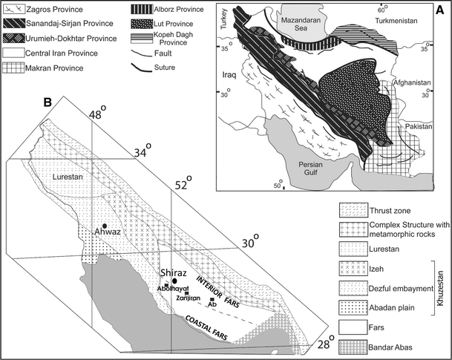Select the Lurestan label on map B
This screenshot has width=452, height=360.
pyautogui.click(x=69, y=179)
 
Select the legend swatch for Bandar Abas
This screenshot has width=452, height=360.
pyautogui.click(x=353, y=345)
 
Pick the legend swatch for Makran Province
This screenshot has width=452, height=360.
pyautogui.click(x=13, y=71)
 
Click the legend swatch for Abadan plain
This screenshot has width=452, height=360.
pyautogui.click(x=353, y=307)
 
